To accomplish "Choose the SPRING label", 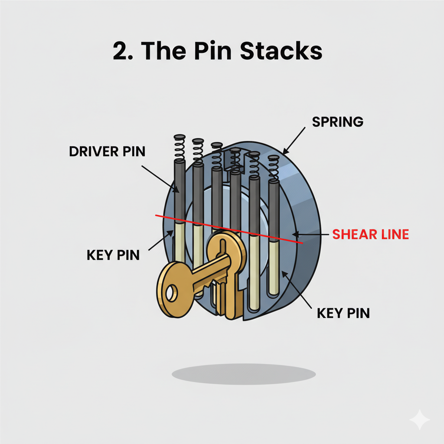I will (x=337, y=122).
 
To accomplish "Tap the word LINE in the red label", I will (x=393, y=235).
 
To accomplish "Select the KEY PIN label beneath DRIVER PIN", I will (x=113, y=255).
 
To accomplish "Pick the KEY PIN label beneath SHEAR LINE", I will (x=343, y=313).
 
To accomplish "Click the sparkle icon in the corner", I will (x=420, y=420).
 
